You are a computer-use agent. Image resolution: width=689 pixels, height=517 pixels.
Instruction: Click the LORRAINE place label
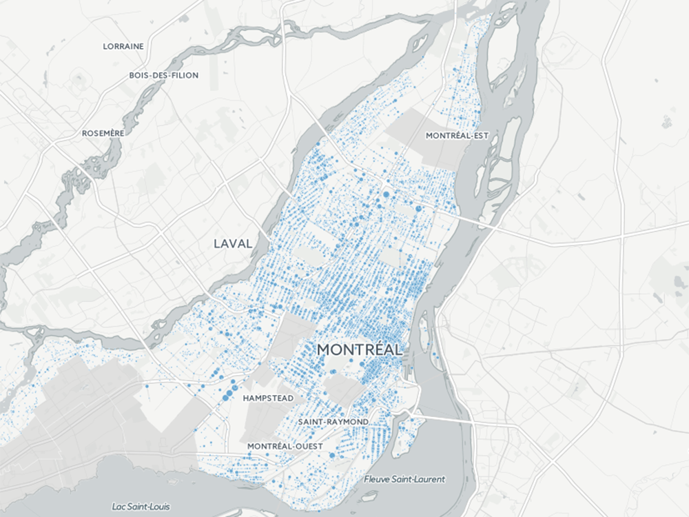pyautogui.click(x=123, y=46)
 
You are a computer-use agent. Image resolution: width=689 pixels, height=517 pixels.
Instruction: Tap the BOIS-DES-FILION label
pyautogui.click(x=163, y=75)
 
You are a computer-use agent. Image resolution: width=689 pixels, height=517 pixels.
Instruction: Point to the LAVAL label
pyautogui.click(x=232, y=243)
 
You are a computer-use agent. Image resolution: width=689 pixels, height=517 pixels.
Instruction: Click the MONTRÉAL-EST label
pyautogui.click(x=457, y=136)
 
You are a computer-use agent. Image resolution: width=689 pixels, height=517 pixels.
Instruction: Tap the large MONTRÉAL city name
pyautogui.click(x=360, y=349)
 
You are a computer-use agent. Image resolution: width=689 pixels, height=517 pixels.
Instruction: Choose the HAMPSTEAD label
pyautogui.click(x=268, y=398)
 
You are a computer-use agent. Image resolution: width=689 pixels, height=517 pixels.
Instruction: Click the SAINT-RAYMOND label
pyautogui.click(x=333, y=421)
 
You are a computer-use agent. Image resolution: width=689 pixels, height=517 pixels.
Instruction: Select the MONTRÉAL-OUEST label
pyautogui.click(x=285, y=446)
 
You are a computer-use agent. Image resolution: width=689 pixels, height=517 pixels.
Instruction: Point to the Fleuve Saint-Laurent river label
pyautogui.click(x=404, y=479)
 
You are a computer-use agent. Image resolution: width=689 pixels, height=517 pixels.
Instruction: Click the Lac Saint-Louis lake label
pyautogui.click(x=141, y=507)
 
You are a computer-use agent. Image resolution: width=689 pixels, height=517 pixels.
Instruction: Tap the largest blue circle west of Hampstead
pyautogui.click(x=227, y=395)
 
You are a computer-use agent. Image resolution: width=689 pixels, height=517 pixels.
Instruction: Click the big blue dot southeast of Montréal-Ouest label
pyautogui.click(x=332, y=456)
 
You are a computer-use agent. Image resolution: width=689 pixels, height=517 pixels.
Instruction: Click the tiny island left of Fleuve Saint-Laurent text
pyautogui.click(x=370, y=495)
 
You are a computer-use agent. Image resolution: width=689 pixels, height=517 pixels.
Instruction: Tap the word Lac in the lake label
pyautogui.click(x=120, y=507)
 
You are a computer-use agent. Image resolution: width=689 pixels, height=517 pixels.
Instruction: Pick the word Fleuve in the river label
pyautogui.click(x=378, y=479)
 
